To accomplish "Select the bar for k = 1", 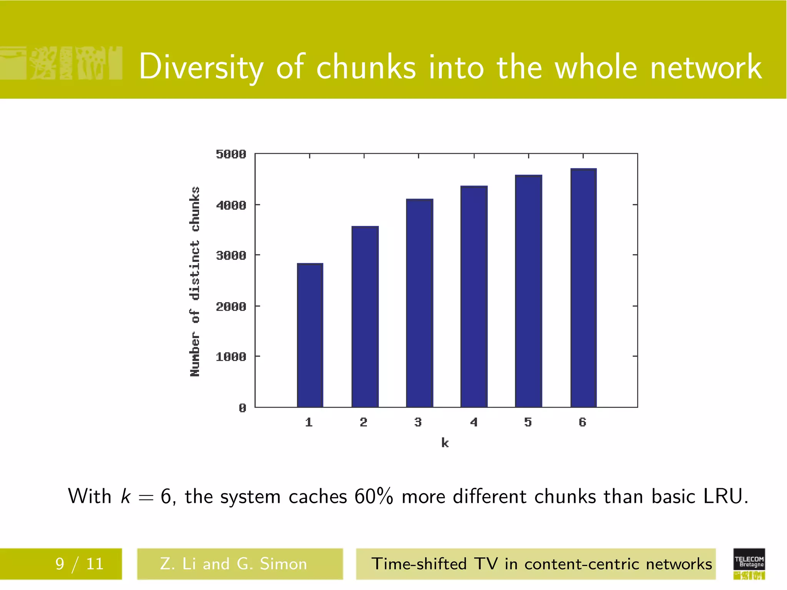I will click(x=310, y=335).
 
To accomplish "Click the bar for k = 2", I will click(x=365, y=317).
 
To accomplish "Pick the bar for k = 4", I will click(x=474, y=296).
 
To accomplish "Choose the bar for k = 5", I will click(x=528, y=291).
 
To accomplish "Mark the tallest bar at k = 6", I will click(x=583, y=288).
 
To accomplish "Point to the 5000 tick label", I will click(x=231, y=154).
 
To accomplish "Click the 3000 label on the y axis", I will click(x=231, y=255).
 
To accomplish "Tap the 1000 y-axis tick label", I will click(x=231, y=357).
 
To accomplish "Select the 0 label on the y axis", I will click(x=242, y=408).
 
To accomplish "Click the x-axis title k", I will click(x=445, y=443).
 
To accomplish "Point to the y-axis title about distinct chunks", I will click(x=195, y=282).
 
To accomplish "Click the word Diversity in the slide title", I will click(x=201, y=67).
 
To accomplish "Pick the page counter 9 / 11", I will click(x=80, y=564).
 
